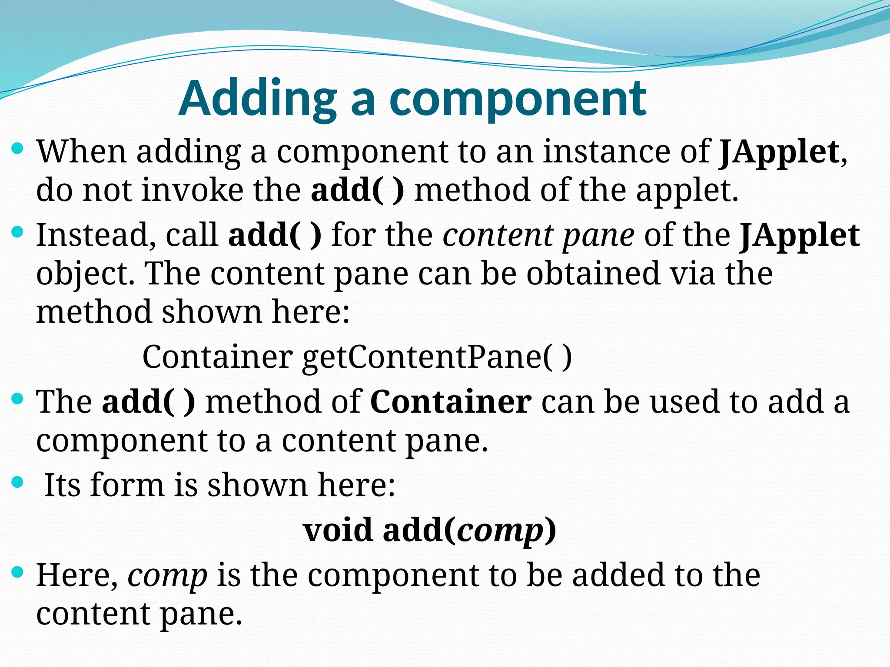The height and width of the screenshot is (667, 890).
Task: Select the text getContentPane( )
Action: coord(437,357)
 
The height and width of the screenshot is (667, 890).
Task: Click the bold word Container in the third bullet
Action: coord(451,402)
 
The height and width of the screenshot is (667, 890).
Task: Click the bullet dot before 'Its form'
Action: coord(17,482)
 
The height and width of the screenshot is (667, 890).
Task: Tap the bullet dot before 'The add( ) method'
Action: coord(17,398)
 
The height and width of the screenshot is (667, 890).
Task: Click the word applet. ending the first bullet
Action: coord(687,191)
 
